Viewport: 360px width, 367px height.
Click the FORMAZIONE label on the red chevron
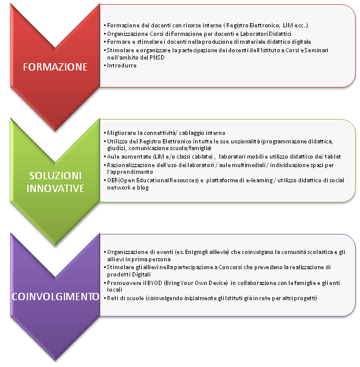point(55,67)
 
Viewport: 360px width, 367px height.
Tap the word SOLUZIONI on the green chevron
point(55,176)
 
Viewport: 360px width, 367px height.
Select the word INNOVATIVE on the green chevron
point(55,188)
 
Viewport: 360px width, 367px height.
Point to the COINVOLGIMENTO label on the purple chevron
point(55,297)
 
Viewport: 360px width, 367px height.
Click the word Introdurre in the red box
point(122,66)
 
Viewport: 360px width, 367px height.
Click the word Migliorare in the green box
point(122,133)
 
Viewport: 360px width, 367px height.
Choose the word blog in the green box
point(143,188)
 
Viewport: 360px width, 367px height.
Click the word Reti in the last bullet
point(112,298)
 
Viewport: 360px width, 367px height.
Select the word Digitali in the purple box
point(142,275)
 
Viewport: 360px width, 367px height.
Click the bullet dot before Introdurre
point(105,66)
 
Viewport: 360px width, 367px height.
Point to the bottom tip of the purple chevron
point(55,360)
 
